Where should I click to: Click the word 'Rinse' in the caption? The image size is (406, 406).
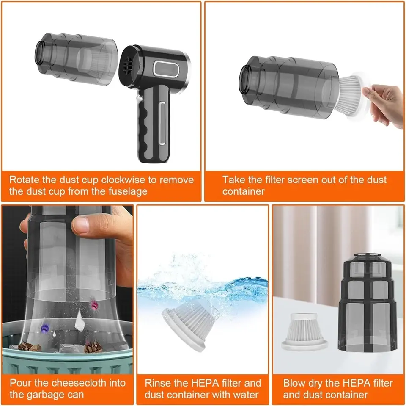pyautogui.click(x=157, y=383)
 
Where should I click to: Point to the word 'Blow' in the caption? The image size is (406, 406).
pyautogui.click(x=294, y=383)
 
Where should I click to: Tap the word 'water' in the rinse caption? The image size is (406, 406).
pyautogui.click(x=246, y=395)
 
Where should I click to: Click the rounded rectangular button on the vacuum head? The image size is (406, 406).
pyautogui.click(x=166, y=68)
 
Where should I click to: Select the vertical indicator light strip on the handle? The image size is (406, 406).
pyautogui.click(x=162, y=123)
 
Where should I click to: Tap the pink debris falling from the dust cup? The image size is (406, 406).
pyautogui.click(x=94, y=305)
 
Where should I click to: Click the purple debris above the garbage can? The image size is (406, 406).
pyautogui.click(x=45, y=328)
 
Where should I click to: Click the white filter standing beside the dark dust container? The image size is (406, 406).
pyautogui.click(x=304, y=332)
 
